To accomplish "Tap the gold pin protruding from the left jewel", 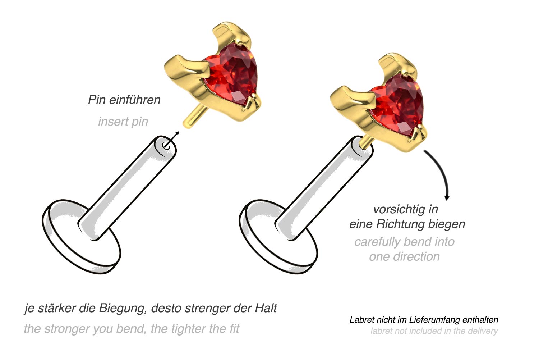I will [192, 117].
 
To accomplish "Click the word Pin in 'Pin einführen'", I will [97, 100].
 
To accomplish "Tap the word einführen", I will [134, 100].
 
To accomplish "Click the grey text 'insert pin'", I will [123, 122].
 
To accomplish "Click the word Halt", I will [266, 308].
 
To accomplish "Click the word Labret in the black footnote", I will [361, 320].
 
